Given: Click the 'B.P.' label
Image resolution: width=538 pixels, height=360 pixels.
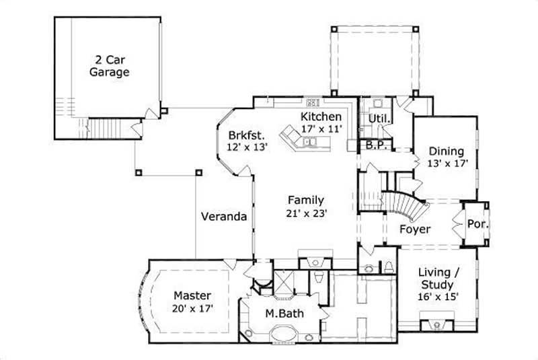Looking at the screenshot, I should [x=375, y=145].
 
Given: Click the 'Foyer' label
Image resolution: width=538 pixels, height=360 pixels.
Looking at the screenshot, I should [x=415, y=229].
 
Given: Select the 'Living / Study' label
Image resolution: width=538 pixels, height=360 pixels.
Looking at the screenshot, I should [x=438, y=279].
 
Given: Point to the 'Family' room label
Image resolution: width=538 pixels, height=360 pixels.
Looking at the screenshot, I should [x=306, y=200].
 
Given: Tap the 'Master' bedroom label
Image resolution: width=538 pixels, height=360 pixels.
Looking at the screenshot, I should [x=193, y=295].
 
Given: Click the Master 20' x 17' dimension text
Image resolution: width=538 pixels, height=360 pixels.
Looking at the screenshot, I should [x=193, y=308].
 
